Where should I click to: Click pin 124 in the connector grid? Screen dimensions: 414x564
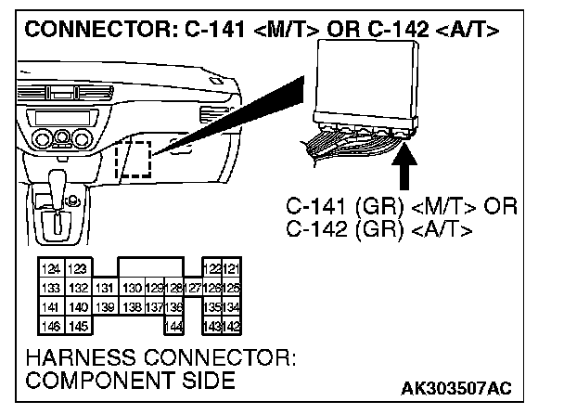tap(48, 269)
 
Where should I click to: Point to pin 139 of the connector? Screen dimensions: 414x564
tap(107, 306)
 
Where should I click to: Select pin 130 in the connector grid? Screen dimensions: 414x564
tap(133, 288)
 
